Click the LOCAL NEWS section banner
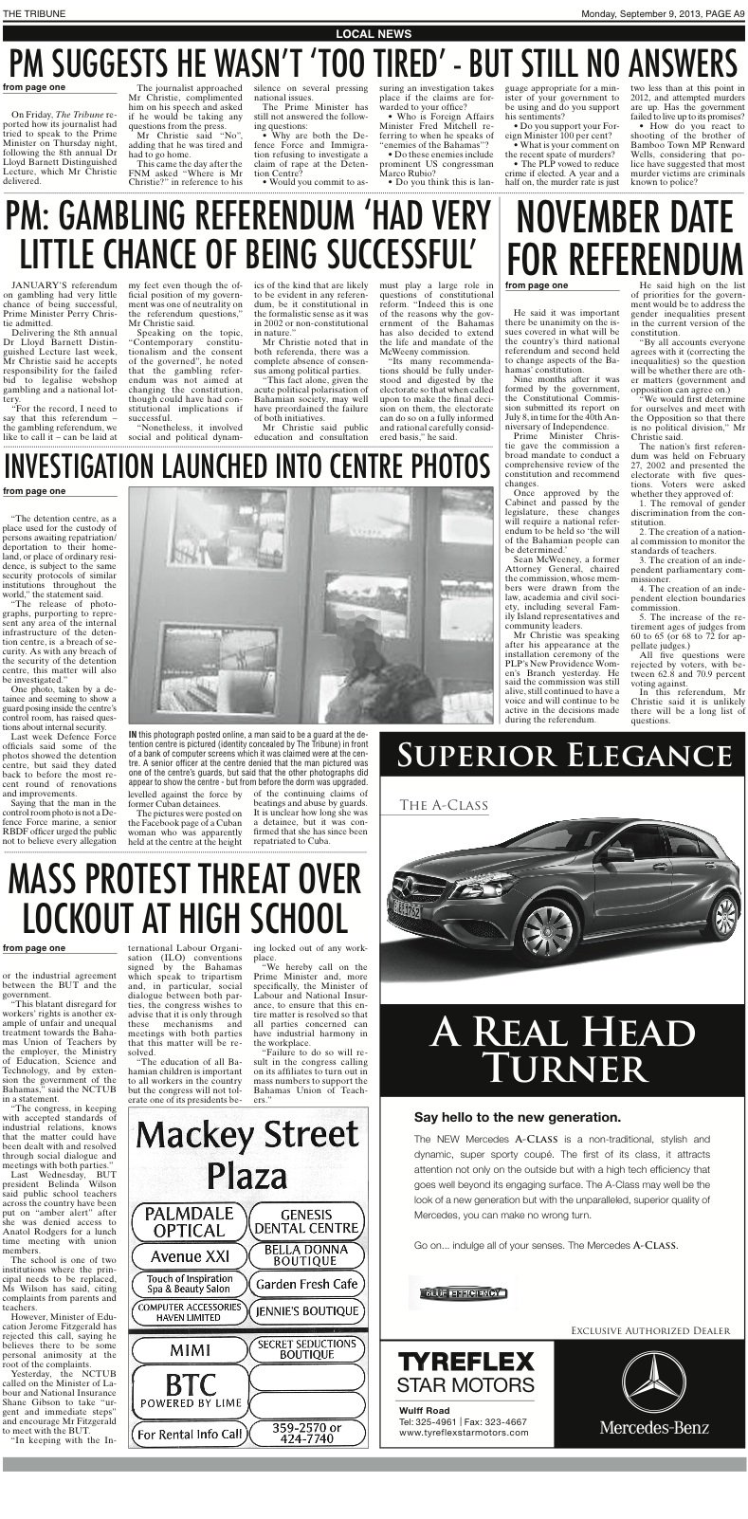pyautogui.click(x=374, y=33)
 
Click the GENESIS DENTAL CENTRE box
pyautogui.click(x=306, y=1221)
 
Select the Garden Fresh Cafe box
pyautogui.click(x=306, y=1284)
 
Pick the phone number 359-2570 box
pyautogui.click(x=306, y=1433)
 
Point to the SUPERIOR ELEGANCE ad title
pyautogui.click(x=564, y=757)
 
